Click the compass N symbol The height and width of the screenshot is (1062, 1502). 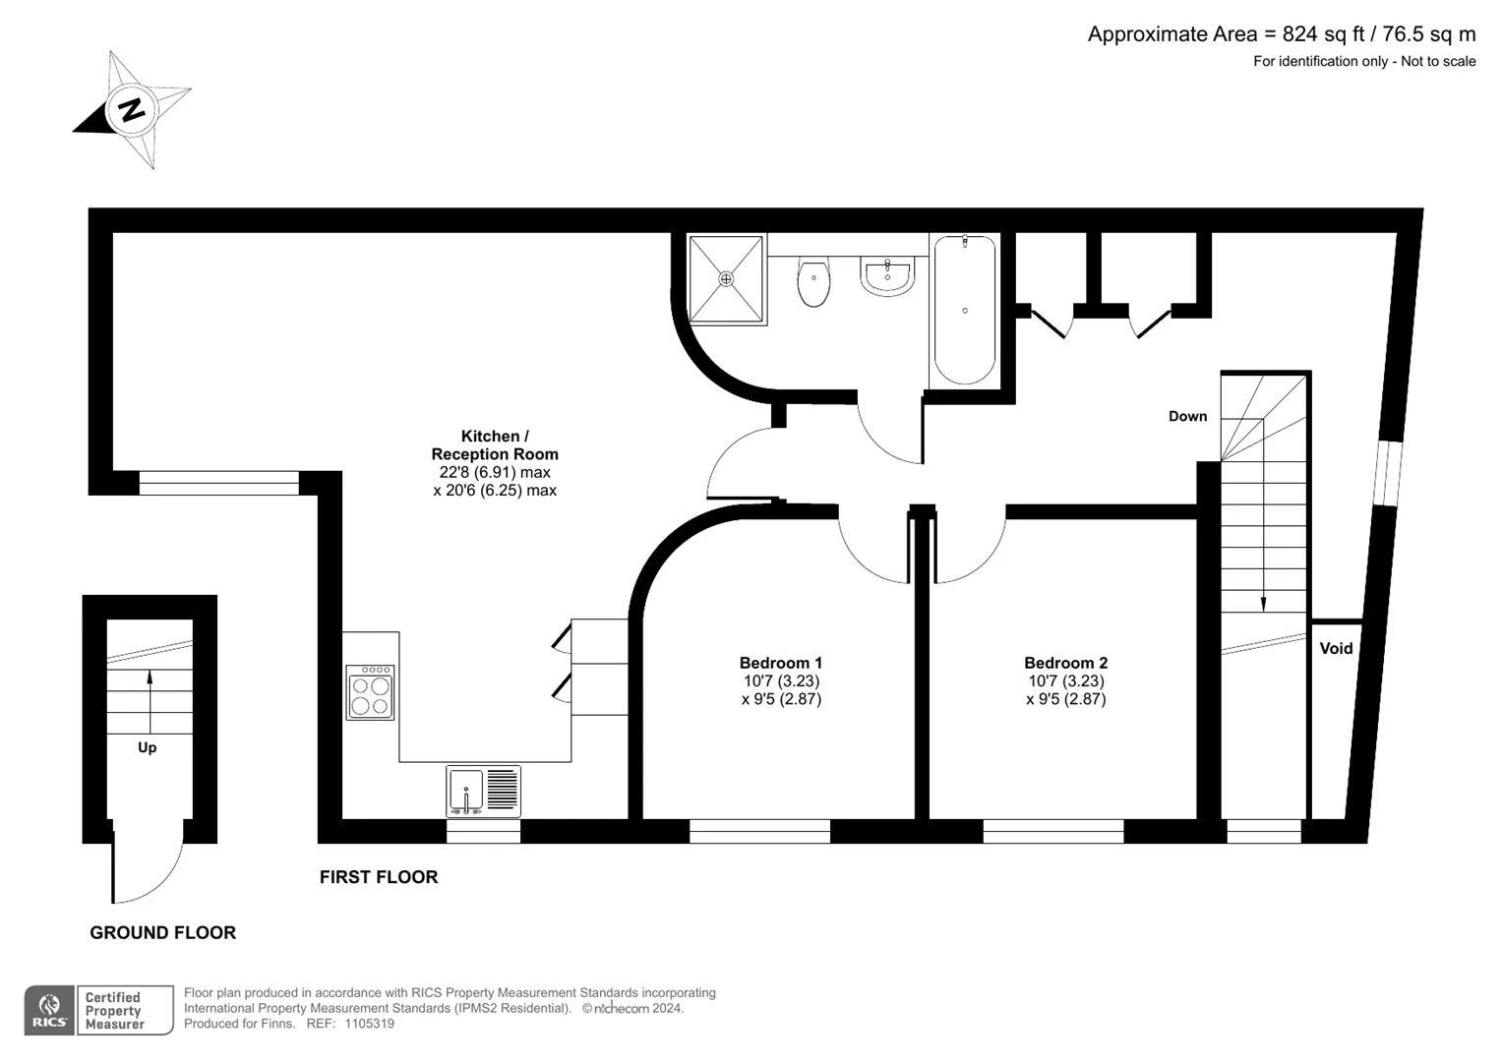132,109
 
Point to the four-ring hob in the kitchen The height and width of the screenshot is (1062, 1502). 370,692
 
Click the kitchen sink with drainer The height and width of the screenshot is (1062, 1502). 484,792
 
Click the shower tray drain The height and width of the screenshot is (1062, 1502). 726,278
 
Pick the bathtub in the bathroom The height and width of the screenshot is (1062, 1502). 965,310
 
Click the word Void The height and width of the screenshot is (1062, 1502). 1336,648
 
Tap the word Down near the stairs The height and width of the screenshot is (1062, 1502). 1187,416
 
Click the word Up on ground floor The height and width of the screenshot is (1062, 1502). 147,747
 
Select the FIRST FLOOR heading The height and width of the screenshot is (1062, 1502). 379,877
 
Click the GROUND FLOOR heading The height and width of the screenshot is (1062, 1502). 163,932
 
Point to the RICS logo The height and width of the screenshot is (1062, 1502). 49,1011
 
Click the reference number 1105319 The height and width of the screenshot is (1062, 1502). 370,1024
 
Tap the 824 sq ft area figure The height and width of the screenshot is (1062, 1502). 1324,34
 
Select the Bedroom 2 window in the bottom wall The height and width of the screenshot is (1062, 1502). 1053,831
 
